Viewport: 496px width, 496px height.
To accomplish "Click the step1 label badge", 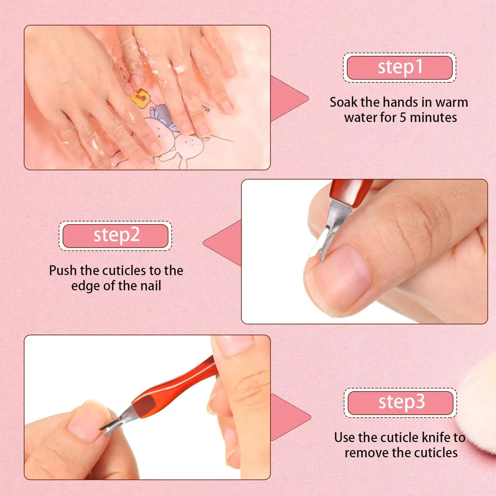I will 399,67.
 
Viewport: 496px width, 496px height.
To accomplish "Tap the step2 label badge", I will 116,235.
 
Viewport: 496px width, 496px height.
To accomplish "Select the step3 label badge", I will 400,402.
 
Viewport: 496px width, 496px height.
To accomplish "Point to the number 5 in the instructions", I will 403,117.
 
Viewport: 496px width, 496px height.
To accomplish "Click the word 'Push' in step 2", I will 63,270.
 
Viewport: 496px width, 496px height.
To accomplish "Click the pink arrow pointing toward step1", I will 288,99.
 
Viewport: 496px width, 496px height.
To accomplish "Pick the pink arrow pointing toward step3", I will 289,417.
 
